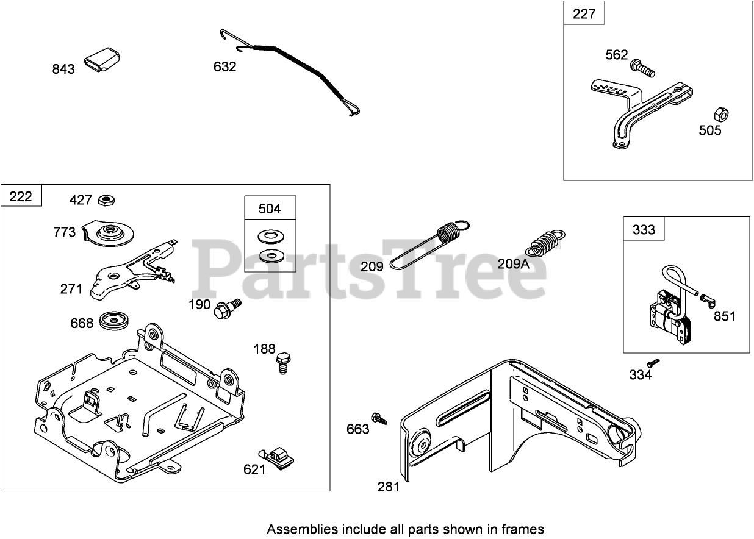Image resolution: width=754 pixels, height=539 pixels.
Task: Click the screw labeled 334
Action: coord(653,362)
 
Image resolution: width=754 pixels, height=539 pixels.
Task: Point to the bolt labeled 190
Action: coord(226,308)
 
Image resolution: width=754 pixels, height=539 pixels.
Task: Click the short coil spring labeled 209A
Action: coord(545,243)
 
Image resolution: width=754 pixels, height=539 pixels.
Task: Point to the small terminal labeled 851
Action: coord(708,299)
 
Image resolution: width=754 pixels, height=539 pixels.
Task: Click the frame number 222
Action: coord(21,197)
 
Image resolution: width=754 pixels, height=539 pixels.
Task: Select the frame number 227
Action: coord(584,13)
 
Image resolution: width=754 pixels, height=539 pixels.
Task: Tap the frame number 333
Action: coord(644,229)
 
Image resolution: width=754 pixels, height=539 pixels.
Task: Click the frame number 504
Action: coord(270,209)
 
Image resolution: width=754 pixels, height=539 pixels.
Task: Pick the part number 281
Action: coord(388,486)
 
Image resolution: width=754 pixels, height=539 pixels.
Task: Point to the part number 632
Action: coord(224,66)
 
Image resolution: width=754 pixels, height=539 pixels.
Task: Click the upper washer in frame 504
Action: coord(269,235)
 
